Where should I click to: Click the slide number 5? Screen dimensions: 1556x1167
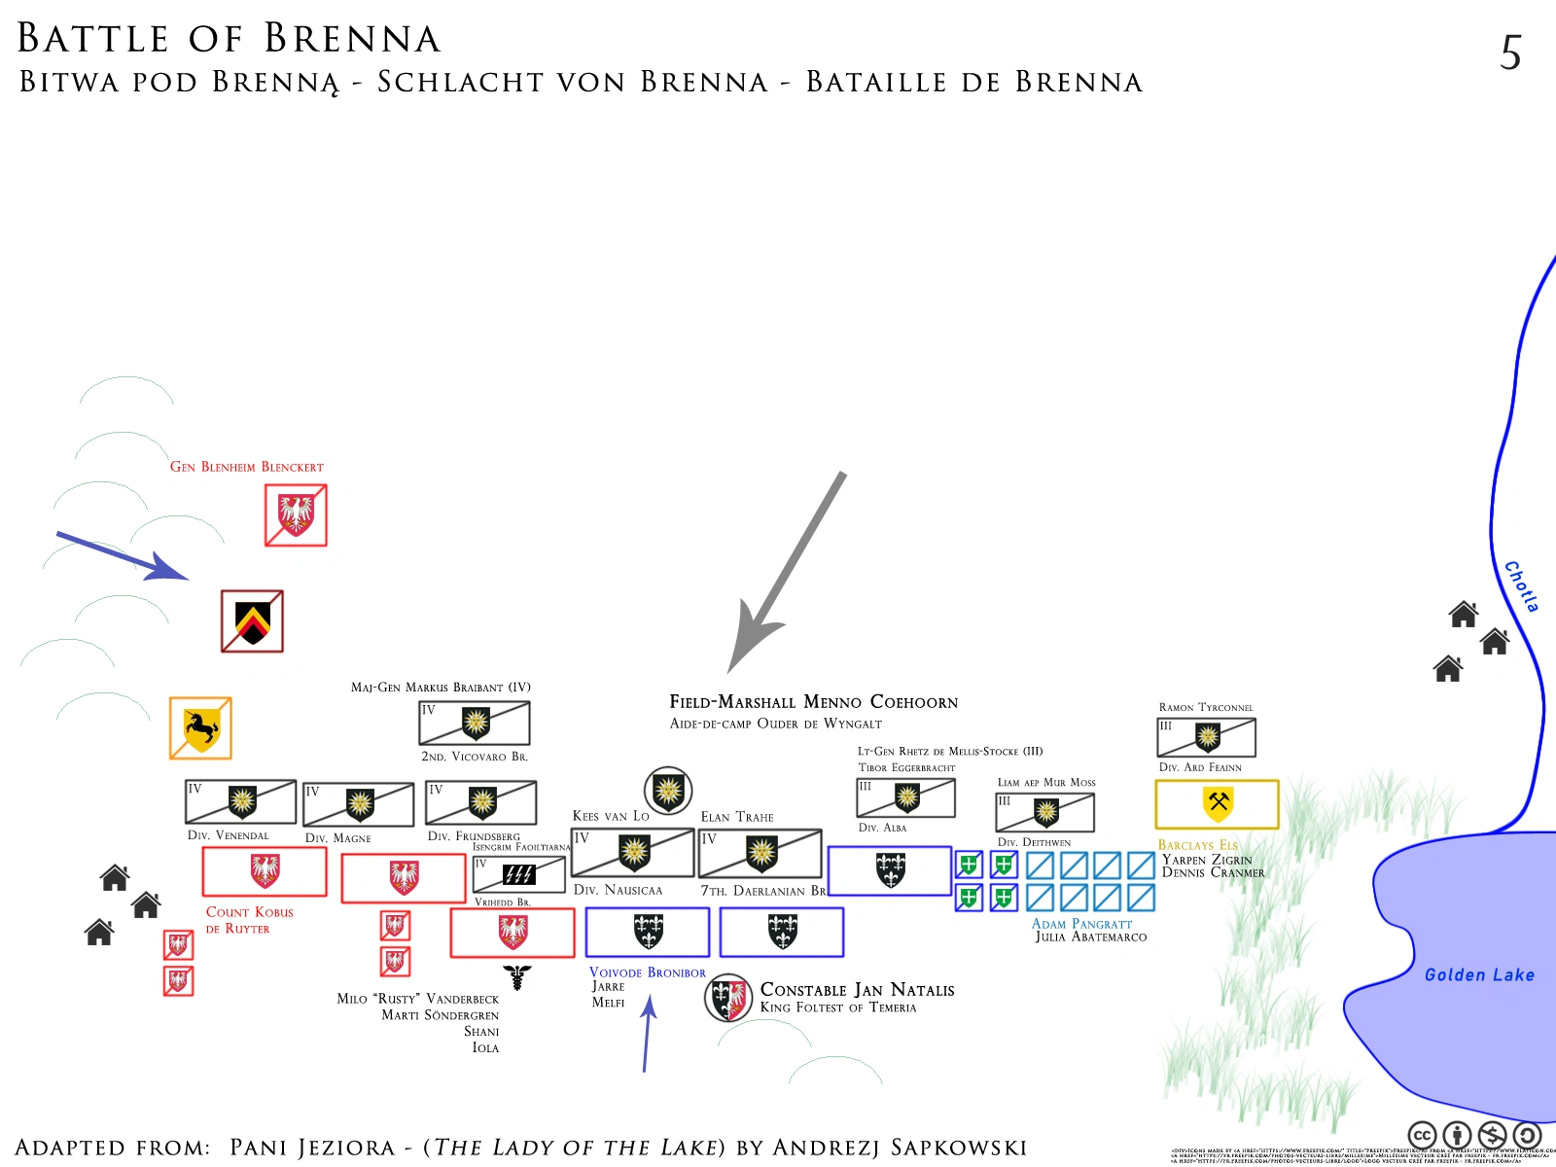coord(1510,53)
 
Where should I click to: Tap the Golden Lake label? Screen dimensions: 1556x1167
coord(1478,974)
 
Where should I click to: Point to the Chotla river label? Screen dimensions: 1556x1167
coord(1521,586)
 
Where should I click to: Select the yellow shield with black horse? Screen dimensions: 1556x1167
coord(200,727)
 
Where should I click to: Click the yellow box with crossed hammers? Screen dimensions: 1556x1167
coord(1217,804)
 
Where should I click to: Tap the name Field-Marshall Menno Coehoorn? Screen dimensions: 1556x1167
coord(813,701)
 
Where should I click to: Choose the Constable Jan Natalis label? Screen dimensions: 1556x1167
coord(857,990)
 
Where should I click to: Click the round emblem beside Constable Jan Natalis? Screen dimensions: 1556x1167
coord(728,997)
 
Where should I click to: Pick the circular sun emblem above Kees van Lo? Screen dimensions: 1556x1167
coord(668,790)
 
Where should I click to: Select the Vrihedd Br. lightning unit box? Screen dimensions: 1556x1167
coord(518,874)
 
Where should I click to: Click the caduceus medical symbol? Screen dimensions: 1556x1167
coord(517,976)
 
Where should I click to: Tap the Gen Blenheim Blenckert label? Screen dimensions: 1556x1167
coord(247,467)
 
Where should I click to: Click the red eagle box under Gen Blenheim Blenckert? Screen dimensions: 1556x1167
coord(296,515)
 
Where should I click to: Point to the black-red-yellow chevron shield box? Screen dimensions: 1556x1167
coord(252,620)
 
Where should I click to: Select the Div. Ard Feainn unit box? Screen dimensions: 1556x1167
coord(1206,737)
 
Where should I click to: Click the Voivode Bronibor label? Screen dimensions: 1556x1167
coord(648,972)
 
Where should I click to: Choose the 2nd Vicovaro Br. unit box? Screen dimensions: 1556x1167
coord(475,723)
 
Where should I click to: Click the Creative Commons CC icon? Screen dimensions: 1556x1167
coord(1422,1135)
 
